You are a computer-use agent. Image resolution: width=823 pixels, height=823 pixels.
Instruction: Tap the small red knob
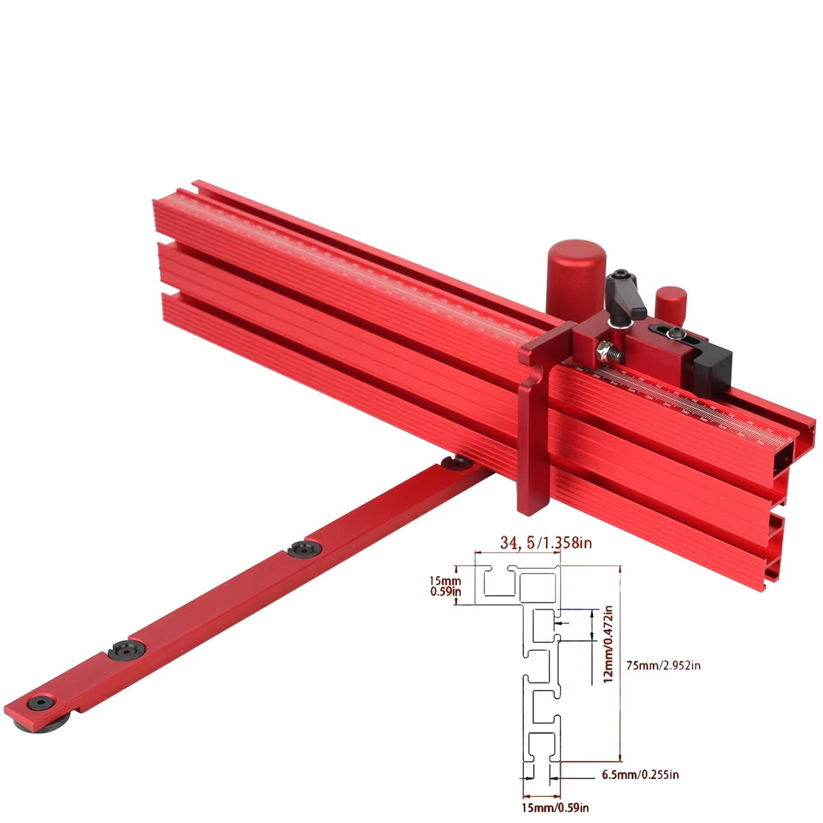[671, 302]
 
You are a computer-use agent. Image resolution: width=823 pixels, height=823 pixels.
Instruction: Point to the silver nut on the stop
[604, 350]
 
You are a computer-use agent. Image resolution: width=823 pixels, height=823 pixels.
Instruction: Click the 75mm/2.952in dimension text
[663, 665]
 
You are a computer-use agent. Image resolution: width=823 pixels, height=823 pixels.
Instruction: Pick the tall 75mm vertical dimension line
[620, 663]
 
